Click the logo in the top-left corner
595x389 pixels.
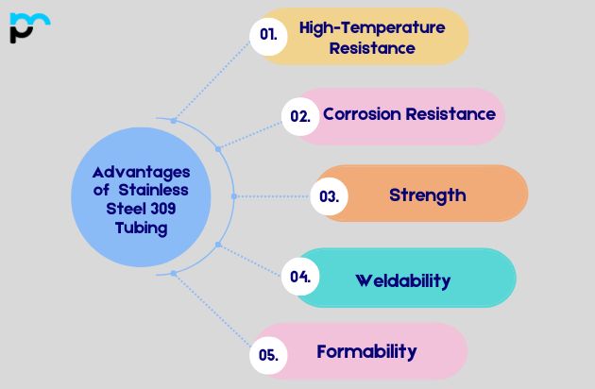click(29, 27)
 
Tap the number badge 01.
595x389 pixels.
click(268, 35)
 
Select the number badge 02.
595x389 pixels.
click(300, 116)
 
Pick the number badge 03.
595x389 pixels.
click(329, 196)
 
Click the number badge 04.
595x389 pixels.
click(300, 277)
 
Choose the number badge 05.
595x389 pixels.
click(267, 355)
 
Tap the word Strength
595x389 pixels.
click(427, 195)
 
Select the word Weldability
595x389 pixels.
click(402, 280)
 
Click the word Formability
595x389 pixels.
click(366, 352)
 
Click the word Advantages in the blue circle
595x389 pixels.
click(141, 172)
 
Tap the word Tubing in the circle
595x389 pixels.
click(141, 228)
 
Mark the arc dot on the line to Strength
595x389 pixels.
click(233, 196)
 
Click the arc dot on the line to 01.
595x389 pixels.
click(173, 120)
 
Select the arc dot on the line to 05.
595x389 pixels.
click(173, 273)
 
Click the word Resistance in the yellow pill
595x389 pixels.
click(371, 48)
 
